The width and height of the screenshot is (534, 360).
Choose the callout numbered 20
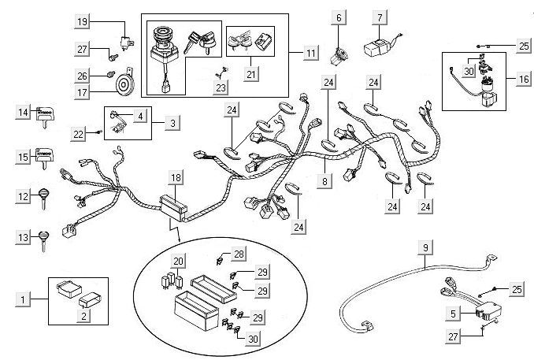click(179, 261)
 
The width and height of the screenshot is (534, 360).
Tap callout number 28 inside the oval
click(239, 254)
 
